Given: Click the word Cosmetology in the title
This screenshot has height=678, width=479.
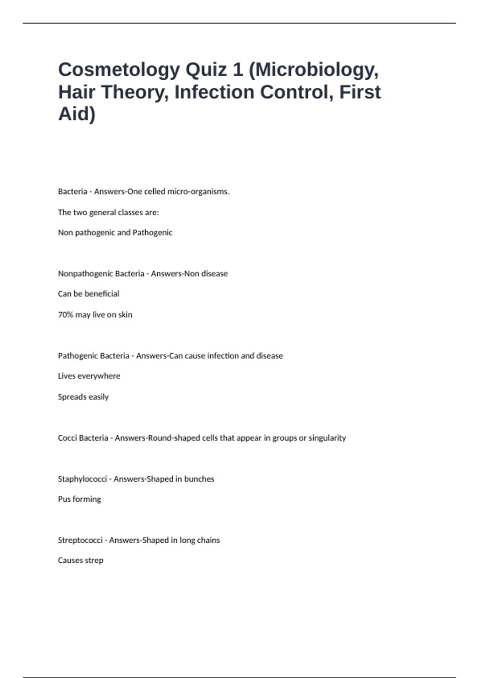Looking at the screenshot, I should tap(119, 70).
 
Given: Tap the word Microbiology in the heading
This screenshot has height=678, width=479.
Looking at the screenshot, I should tap(315, 70).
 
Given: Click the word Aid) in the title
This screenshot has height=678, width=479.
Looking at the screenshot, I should tap(77, 114).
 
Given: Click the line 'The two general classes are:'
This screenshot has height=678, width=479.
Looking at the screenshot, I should tap(108, 212).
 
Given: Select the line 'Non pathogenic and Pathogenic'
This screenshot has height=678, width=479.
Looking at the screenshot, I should tap(115, 233).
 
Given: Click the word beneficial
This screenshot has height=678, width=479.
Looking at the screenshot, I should tap(102, 294).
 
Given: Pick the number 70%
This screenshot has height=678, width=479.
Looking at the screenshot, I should tap(65, 315).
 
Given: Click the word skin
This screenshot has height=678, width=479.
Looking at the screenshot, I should tap(125, 315).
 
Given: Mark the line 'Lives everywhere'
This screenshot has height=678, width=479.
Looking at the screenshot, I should tap(89, 376).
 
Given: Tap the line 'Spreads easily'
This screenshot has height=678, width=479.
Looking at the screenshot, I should tap(83, 397).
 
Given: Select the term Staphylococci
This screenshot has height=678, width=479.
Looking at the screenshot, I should tap(82, 479).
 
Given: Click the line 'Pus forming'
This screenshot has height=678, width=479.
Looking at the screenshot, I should tap(79, 499).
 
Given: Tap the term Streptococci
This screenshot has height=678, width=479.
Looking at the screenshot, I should tap(80, 540).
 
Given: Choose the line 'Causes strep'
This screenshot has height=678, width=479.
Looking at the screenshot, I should tap(80, 560).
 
